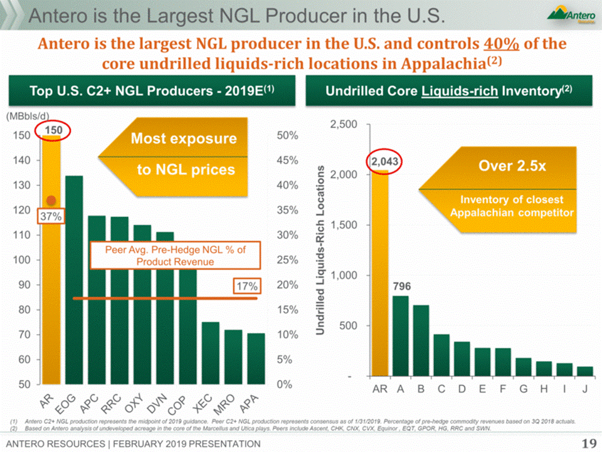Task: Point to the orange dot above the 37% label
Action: (x=51, y=200)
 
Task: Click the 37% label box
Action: (x=51, y=216)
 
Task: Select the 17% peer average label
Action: (x=246, y=286)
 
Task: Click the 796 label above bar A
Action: (x=402, y=286)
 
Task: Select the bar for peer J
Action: (x=584, y=371)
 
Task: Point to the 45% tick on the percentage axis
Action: (x=287, y=160)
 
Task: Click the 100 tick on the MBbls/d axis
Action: (x=23, y=260)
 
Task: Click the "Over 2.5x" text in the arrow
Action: (x=505, y=166)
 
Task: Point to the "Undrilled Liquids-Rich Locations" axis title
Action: (x=320, y=250)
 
